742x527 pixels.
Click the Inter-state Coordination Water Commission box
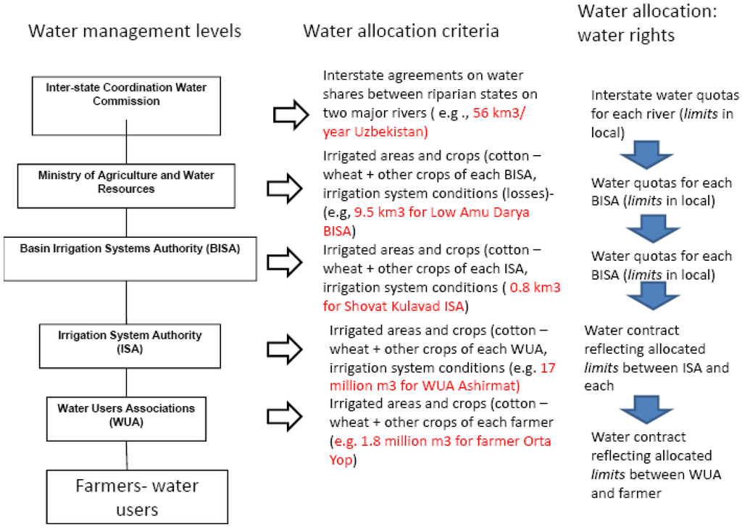(x=126, y=95)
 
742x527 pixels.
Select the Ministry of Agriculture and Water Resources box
(x=126, y=182)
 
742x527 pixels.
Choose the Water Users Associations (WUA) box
(x=126, y=415)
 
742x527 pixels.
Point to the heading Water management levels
(x=133, y=31)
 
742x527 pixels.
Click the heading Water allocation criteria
(x=401, y=31)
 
